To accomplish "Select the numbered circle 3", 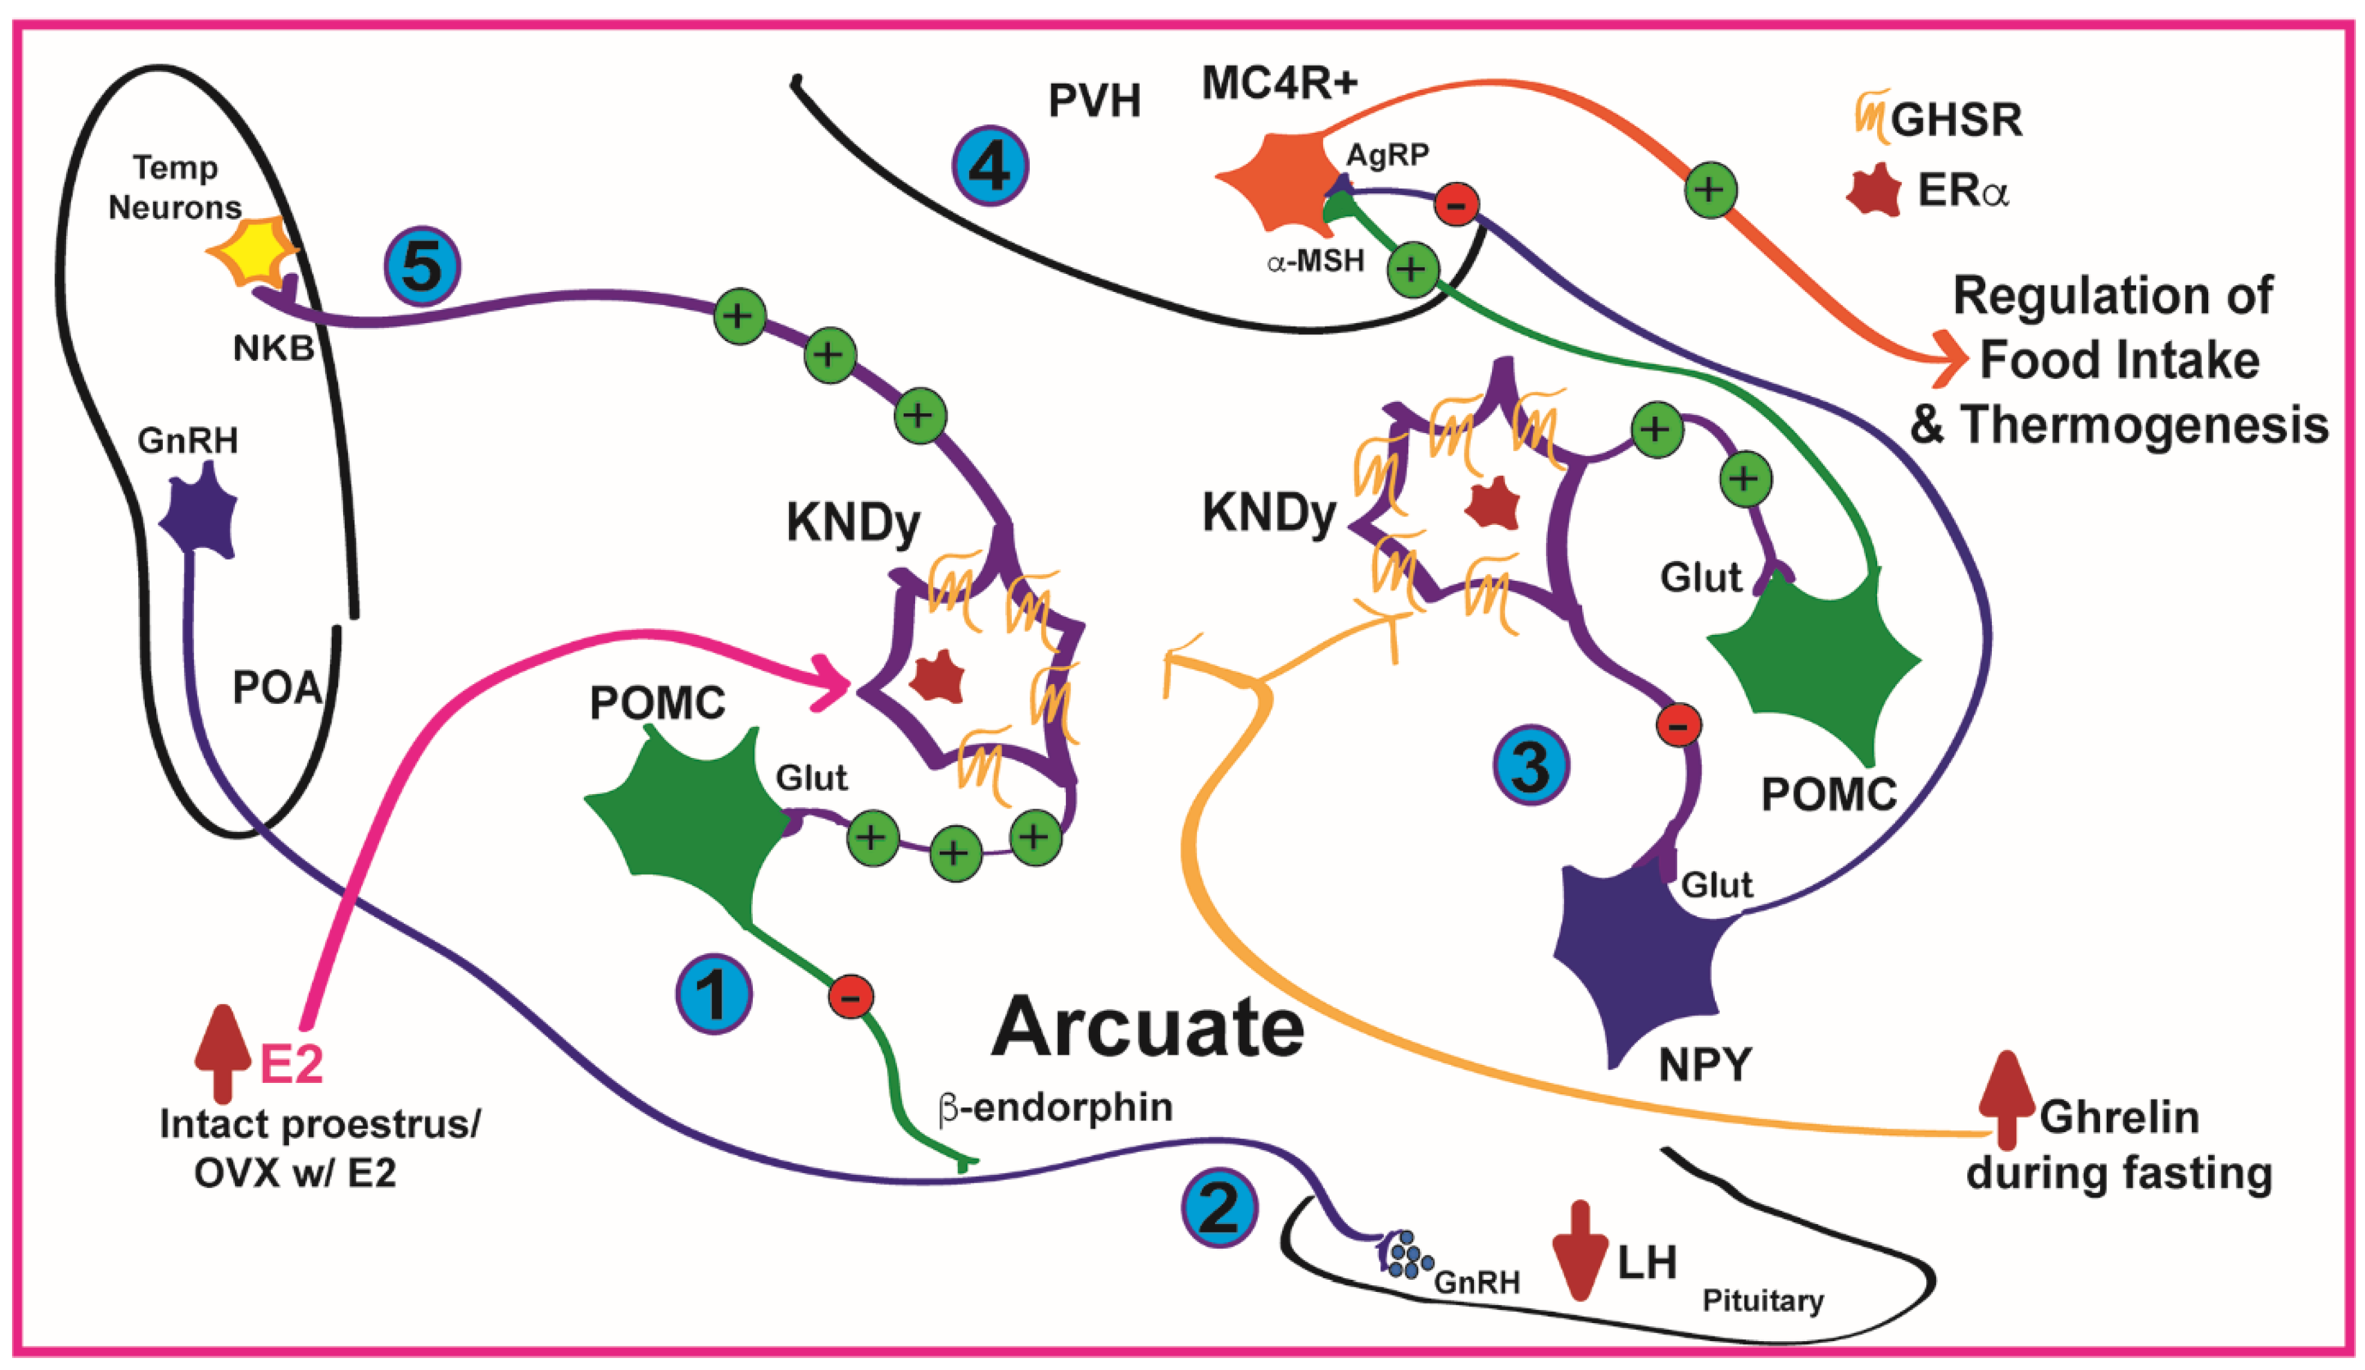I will pyautogui.click(x=1530, y=766).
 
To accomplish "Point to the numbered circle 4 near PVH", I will pyautogui.click(x=990, y=166).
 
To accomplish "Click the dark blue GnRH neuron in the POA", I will pyautogui.click(x=199, y=514).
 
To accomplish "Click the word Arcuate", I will pyautogui.click(x=1147, y=1028).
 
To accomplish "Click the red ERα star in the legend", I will pyautogui.click(x=1872, y=190).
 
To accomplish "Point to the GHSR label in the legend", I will pyautogui.click(x=1957, y=120).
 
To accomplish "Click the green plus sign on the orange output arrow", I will pyautogui.click(x=1710, y=190).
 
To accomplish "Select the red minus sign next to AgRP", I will pyautogui.click(x=1456, y=204).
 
